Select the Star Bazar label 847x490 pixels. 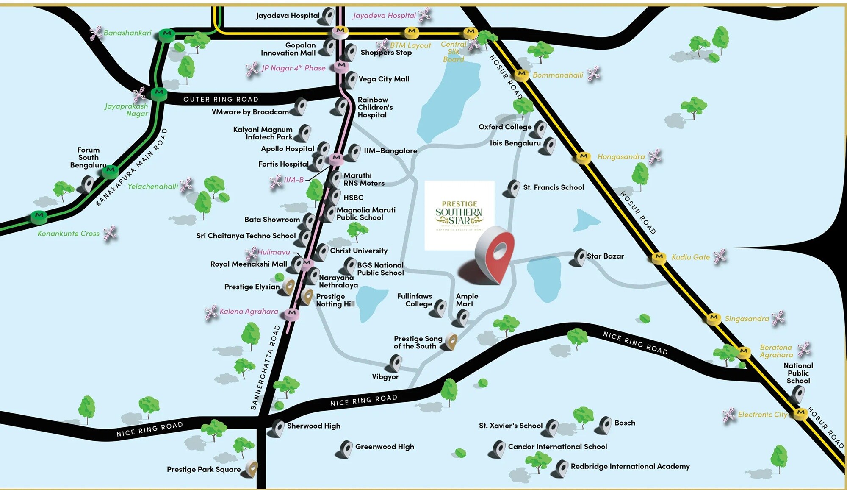605,256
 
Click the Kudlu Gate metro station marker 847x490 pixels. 659,257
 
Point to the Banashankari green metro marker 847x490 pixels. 167,34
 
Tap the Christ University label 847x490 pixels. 359,251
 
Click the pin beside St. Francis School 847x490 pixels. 513,188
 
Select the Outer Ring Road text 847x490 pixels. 221,99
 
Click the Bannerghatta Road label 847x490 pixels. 266,367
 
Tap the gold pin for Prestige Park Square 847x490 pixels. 252,468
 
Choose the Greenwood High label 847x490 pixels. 385,446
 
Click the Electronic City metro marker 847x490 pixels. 800,413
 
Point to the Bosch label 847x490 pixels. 625,423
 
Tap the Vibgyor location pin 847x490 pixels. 395,363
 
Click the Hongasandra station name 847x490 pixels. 621,156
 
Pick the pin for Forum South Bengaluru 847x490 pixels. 87,185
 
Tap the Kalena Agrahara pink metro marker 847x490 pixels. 291,313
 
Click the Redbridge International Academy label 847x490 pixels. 630,466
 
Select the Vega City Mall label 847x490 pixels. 384,79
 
